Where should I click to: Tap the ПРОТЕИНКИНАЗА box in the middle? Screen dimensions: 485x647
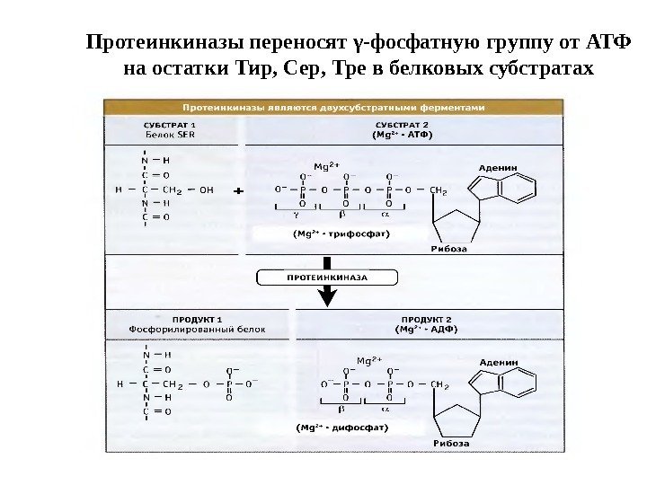327,278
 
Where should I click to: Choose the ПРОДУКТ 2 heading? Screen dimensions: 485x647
426,319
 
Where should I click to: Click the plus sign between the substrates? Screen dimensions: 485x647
238,191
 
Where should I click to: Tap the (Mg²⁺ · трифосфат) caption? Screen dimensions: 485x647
341,232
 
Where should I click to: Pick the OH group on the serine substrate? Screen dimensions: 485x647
206,190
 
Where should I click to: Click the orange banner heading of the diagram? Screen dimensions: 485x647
333,106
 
